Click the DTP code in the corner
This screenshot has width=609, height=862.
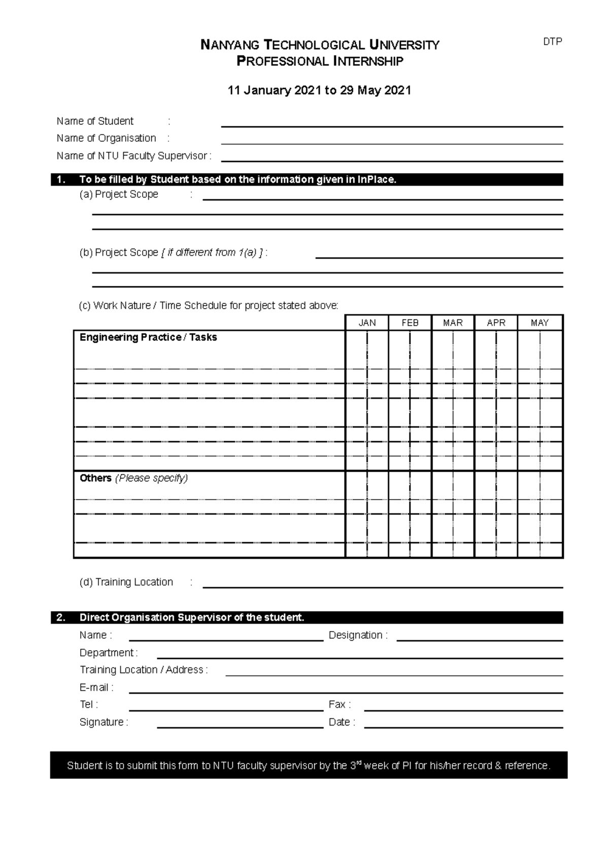coord(552,42)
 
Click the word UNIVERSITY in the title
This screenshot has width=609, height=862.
coord(404,45)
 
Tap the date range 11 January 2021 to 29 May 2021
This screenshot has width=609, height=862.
coord(319,90)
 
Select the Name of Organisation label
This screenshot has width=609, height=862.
coord(107,138)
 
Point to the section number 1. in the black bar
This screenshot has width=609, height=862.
coord(61,179)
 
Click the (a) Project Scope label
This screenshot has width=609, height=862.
coord(119,194)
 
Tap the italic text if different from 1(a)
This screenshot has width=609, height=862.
coord(212,252)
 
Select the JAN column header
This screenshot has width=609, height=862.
coord(367,323)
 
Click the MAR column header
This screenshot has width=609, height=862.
coord(453,323)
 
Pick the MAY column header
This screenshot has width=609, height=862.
coord(539,323)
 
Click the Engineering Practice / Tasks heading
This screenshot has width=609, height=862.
coord(148,338)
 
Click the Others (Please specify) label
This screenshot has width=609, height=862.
coord(133,478)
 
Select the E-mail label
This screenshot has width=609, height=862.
coord(96,687)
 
